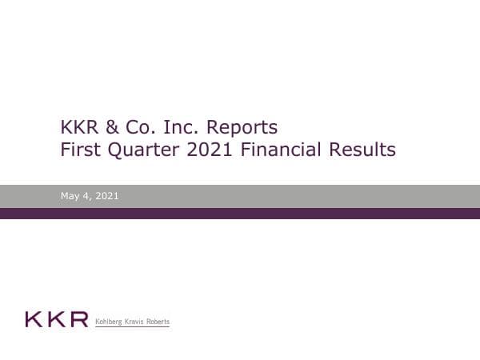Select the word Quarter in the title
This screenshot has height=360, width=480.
[142, 149]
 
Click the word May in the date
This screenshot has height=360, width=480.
[70, 195]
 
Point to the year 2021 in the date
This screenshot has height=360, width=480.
[107, 195]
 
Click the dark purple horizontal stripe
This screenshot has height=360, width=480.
[240, 214]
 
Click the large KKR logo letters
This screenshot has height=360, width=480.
[56, 321]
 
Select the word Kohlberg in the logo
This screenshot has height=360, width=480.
[111, 322]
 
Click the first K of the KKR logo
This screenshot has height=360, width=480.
[34, 321]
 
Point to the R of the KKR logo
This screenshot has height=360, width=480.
[78, 321]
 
